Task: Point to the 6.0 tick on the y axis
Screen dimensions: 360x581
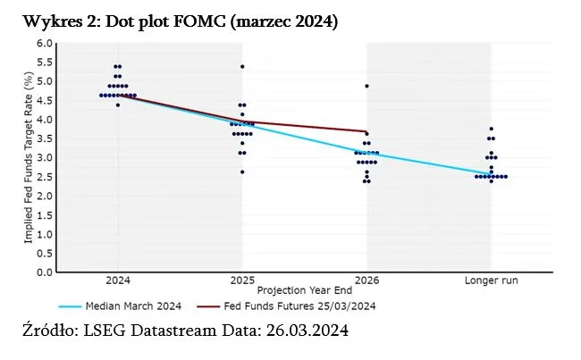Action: [45, 43]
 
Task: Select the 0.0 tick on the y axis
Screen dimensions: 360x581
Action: [45, 272]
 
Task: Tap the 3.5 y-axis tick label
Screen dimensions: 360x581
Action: [45, 138]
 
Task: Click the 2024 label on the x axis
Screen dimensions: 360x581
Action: [118, 280]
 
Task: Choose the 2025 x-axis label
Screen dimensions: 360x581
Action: [241, 280]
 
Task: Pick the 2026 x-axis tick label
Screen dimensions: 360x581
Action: [366, 280]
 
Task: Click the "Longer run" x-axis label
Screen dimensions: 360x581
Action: [491, 280]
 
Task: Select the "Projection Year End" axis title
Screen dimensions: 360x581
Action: [304, 291]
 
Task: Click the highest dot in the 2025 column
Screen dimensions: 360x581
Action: [241, 66]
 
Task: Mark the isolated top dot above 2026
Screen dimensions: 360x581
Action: [366, 86]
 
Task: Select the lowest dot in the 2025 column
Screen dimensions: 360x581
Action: [241, 172]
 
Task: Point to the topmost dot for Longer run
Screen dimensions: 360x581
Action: [491, 129]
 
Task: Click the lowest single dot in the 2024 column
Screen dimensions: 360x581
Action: [118, 105]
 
